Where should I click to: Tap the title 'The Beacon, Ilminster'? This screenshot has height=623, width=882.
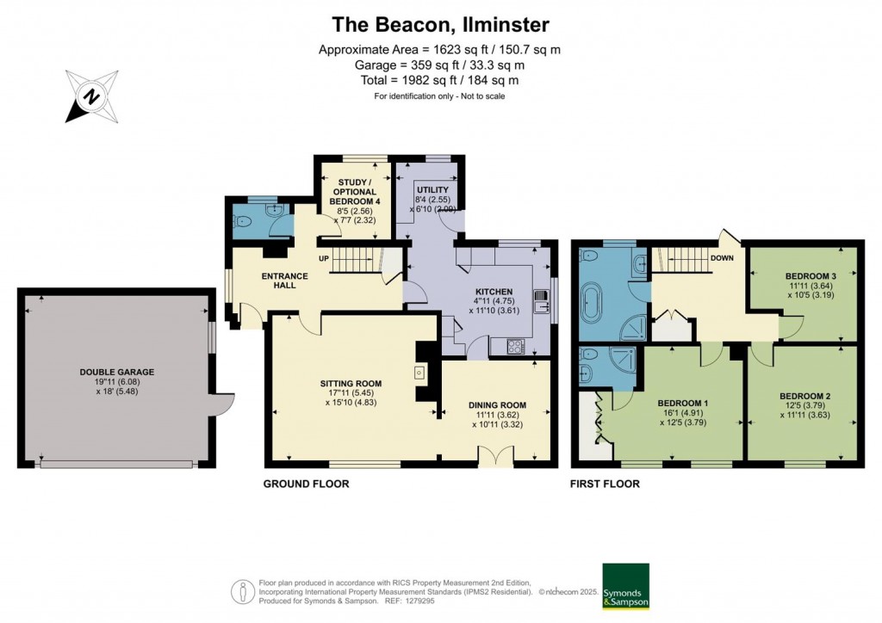(x=441, y=25)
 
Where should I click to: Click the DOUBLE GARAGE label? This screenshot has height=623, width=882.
(x=116, y=372)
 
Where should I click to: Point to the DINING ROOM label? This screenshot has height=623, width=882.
(x=497, y=405)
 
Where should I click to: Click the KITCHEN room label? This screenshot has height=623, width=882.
(x=494, y=292)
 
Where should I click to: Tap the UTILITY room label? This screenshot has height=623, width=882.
(x=431, y=189)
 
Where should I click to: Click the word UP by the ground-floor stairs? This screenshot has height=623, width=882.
(x=323, y=258)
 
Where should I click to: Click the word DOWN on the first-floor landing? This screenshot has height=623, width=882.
(x=722, y=257)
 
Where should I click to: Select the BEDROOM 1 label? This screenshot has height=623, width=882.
(x=682, y=403)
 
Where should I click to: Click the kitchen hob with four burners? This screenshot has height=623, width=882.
(x=515, y=347)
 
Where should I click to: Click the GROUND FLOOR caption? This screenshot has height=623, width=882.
(x=306, y=484)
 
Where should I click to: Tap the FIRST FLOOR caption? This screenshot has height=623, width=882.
(x=605, y=484)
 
